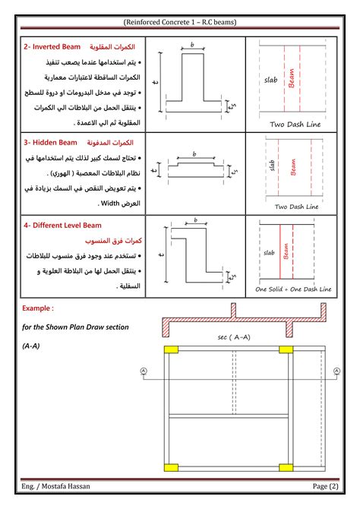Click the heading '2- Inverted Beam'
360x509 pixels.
click(x=49, y=47)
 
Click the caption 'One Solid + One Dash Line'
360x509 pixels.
click(x=293, y=289)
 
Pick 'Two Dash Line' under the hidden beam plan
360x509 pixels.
click(x=293, y=206)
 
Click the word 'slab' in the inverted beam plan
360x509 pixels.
click(x=271, y=79)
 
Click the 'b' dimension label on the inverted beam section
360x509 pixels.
click(x=192, y=46)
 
